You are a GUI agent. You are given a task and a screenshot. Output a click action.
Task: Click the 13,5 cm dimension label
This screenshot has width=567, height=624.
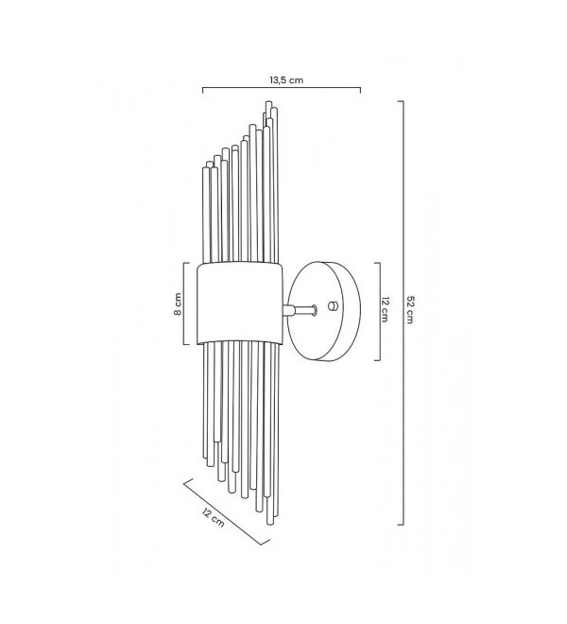pyautogui.click(x=286, y=80)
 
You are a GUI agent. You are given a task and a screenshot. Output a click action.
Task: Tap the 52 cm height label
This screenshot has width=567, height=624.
pyautogui.click(x=410, y=309)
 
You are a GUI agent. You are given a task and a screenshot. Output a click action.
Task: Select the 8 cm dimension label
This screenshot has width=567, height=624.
pyautogui.click(x=178, y=304)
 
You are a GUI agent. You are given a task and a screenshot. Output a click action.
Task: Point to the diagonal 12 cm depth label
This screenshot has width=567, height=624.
pyautogui.click(x=213, y=518)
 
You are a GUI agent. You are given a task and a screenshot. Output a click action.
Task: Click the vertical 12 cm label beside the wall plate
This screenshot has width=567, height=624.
pyautogui.click(x=386, y=309)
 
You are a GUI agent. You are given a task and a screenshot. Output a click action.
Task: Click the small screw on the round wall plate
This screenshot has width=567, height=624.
pyautogui.click(x=333, y=305)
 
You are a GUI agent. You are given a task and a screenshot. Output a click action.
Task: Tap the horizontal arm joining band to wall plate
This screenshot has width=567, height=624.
pyautogui.click(x=300, y=310)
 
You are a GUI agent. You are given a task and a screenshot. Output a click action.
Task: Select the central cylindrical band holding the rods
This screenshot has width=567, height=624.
pyautogui.click(x=240, y=303)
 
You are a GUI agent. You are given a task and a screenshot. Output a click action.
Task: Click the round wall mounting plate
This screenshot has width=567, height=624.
pyautogui.click(x=324, y=311)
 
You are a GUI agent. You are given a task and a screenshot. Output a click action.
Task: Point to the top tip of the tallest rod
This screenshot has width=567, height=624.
pyautogui.click(x=269, y=102)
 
